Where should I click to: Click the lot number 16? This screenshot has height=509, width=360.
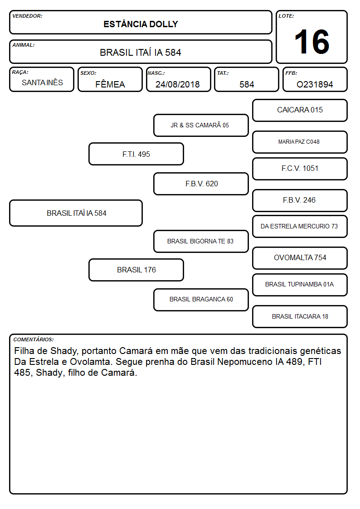click(x=311, y=42)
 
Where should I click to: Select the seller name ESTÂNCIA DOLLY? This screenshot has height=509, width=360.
click(x=141, y=24)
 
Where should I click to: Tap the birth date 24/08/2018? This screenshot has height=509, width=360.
click(x=178, y=84)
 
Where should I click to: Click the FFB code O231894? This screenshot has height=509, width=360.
click(x=315, y=84)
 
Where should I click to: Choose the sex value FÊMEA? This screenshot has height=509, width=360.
click(x=110, y=84)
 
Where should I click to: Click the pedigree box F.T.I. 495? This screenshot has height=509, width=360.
click(x=136, y=154)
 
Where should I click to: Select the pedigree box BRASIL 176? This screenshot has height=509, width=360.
click(x=136, y=270)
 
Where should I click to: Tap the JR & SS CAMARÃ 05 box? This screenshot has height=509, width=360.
click(x=201, y=125)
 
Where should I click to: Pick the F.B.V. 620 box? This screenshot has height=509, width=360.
click(x=201, y=184)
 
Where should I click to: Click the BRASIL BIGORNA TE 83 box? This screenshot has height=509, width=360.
click(x=201, y=241)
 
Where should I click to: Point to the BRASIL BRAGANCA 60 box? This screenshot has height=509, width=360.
click(x=201, y=300)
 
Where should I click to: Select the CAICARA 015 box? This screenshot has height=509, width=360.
click(x=300, y=111)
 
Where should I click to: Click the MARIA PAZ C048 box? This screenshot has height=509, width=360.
click(x=300, y=142)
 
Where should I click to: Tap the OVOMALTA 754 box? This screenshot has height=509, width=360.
click(x=300, y=258)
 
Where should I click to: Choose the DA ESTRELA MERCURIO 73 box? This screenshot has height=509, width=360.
click(x=300, y=226)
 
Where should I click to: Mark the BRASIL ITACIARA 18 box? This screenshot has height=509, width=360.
click(x=300, y=316)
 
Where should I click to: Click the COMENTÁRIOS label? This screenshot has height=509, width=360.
click(x=34, y=339)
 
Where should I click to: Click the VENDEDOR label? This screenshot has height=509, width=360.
click(x=27, y=16)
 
